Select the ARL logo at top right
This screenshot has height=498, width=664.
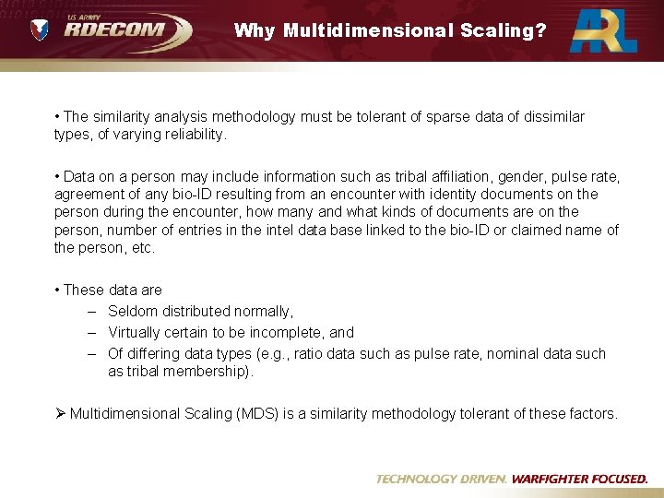[x=603, y=30]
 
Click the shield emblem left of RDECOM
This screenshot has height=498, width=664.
[x=40, y=31]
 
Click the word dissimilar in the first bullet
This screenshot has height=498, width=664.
[x=552, y=117]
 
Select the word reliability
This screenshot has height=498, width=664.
[x=188, y=135]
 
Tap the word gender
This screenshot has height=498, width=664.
[x=522, y=176]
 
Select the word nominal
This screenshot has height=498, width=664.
[x=515, y=353]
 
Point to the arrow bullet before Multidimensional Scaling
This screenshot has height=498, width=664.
[x=60, y=414]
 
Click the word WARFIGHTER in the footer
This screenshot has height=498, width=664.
[x=556, y=480]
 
